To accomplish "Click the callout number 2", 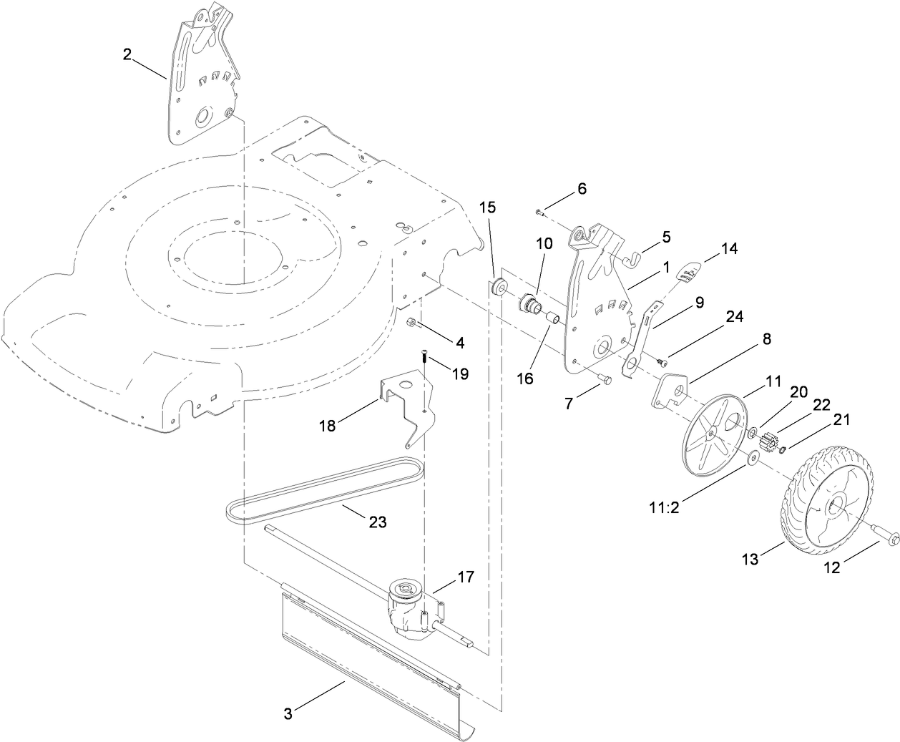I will pos(127,54).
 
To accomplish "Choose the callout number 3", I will pos(288,713).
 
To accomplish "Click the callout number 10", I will pos(544,243).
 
